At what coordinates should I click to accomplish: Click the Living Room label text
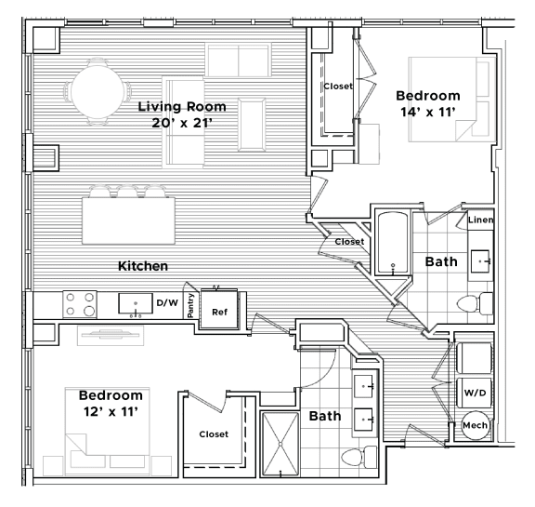click(x=182, y=107)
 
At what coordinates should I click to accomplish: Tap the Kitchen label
click(x=143, y=266)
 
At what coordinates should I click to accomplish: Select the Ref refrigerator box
click(x=220, y=313)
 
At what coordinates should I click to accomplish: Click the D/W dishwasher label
click(x=167, y=303)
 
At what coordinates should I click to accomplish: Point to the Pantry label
click(x=191, y=305)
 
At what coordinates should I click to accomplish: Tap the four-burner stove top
click(x=80, y=304)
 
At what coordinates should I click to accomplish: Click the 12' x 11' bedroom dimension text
click(x=111, y=410)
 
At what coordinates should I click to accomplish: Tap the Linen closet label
click(x=481, y=220)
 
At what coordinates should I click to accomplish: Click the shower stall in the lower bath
click(x=281, y=443)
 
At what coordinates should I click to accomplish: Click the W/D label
click(x=475, y=392)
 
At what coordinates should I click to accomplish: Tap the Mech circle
click(x=475, y=424)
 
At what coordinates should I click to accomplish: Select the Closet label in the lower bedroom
click(x=214, y=434)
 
